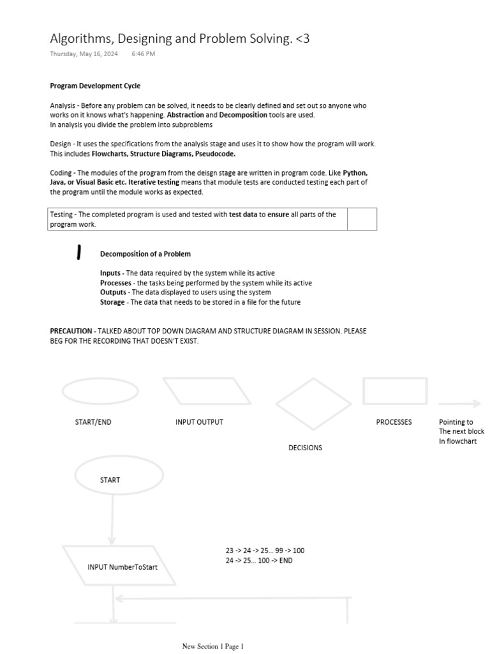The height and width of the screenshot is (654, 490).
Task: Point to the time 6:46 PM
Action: (143, 54)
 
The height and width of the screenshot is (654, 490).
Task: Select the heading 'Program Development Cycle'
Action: (95, 86)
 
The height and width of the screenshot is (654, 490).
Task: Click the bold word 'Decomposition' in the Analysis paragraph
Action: (243, 115)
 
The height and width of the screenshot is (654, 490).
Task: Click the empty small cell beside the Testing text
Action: (362, 219)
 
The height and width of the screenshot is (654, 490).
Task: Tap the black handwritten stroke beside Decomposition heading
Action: (78, 253)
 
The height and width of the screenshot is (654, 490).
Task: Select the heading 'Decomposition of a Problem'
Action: (145, 254)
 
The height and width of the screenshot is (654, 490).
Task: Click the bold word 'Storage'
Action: (112, 302)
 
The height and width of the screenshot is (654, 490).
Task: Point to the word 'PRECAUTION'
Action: (71, 331)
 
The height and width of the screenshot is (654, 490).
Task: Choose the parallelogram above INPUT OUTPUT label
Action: (207, 391)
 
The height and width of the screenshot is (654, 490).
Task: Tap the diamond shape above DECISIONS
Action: (304, 404)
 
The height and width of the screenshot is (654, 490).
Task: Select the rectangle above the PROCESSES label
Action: (395, 391)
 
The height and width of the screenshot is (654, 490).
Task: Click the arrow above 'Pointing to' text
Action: (459, 403)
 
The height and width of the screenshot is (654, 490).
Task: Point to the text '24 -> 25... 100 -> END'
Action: (259, 561)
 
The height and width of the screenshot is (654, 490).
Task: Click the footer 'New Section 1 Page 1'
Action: (213, 646)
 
